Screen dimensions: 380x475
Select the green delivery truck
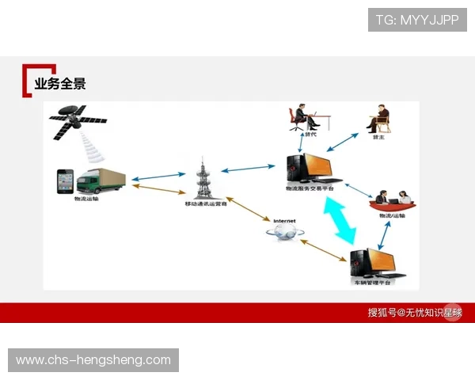[x=101, y=180]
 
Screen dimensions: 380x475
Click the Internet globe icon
[x=284, y=230]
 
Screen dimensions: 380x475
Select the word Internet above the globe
[x=283, y=219]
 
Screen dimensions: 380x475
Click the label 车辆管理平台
[x=371, y=280]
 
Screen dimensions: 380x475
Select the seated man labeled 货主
[x=378, y=118]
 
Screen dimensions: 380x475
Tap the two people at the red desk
[x=393, y=199]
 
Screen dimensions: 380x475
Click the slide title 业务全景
[x=59, y=83]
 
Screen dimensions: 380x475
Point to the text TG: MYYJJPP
[x=417, y=20]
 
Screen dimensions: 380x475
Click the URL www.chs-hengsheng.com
[x=93, y=360]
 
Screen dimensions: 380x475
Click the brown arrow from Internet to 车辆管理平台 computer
[x=324, y=249]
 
